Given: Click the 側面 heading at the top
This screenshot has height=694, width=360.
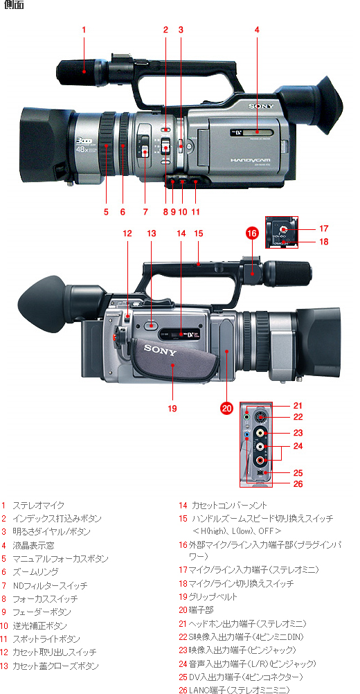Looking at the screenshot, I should click(14, 6).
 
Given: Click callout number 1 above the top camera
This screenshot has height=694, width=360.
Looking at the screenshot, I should click(84, 30).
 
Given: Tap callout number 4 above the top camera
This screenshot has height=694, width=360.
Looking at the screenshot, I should click(257, 30).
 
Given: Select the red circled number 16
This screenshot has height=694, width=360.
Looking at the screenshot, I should click(252, 234).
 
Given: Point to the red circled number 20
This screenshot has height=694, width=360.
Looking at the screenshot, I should click(226, 409).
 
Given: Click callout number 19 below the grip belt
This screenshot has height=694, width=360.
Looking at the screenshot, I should click(172, 409).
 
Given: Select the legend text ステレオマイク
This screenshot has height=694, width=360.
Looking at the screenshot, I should click(35, 506).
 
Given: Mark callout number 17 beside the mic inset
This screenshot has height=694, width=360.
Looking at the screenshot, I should click(323, 228).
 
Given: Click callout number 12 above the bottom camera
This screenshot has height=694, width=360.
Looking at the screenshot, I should click(127, 234).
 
